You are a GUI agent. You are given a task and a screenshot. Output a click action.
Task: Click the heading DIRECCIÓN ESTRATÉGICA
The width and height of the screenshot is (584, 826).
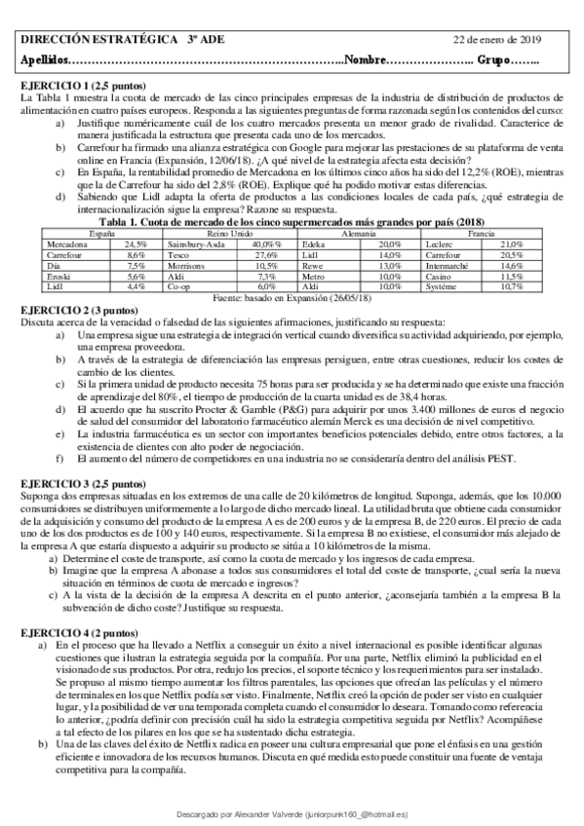[x=86, y=40]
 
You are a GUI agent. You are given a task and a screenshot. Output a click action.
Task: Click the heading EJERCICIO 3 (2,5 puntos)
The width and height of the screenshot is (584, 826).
[x=82, y=483]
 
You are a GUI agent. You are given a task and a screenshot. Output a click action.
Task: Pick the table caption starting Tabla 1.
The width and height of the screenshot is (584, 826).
[x=292, y=224]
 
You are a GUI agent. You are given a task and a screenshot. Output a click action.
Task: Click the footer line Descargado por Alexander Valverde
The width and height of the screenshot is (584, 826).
[x=292, y=811]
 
